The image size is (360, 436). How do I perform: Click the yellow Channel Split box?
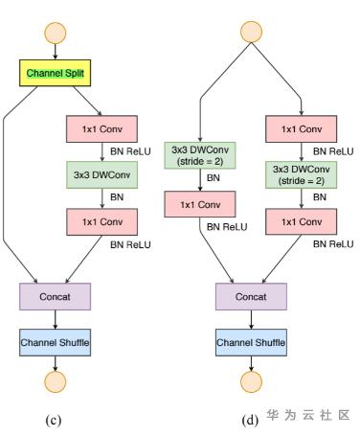tap(55, 73)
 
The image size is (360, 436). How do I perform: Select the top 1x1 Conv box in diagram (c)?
tap(101, 128)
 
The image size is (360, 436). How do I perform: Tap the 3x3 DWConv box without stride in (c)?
tap(101, 174)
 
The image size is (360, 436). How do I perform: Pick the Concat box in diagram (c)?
tap(55, 296)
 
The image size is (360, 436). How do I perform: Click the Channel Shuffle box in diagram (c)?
tap(55, 342)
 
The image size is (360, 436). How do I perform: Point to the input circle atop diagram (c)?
tap(56, 33)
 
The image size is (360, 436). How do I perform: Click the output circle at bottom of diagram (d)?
tap(251, 381)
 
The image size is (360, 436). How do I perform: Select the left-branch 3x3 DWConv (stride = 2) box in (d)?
tap(200, 155)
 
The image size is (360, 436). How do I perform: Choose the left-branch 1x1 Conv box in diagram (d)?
tap(200, 204)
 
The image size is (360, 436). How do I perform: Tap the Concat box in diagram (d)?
tap(251, 296)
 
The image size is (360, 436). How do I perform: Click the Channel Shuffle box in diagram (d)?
tap(251, 342)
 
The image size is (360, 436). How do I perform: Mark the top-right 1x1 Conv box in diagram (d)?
tap(301, 128)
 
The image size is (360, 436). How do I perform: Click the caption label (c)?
tap(54, 420)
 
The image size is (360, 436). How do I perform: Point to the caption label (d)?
tap(250, 420)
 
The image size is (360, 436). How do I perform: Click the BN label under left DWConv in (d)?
tap(214, 177)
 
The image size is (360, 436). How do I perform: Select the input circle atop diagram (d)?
tap(251, 32)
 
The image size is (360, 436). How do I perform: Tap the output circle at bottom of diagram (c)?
tap(56, 381)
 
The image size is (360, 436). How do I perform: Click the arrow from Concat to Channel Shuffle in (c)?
tap(56, 319)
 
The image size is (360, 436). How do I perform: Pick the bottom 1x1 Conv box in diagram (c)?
tap(101, 221)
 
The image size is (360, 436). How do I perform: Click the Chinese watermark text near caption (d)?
tap(308, 415)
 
